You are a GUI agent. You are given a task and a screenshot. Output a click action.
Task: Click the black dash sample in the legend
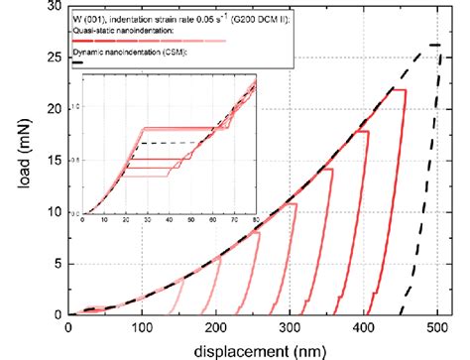(78, 62)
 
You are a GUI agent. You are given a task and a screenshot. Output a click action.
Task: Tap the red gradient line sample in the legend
(149, 41)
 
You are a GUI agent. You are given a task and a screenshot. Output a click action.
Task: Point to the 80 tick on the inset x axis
(256, 218)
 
